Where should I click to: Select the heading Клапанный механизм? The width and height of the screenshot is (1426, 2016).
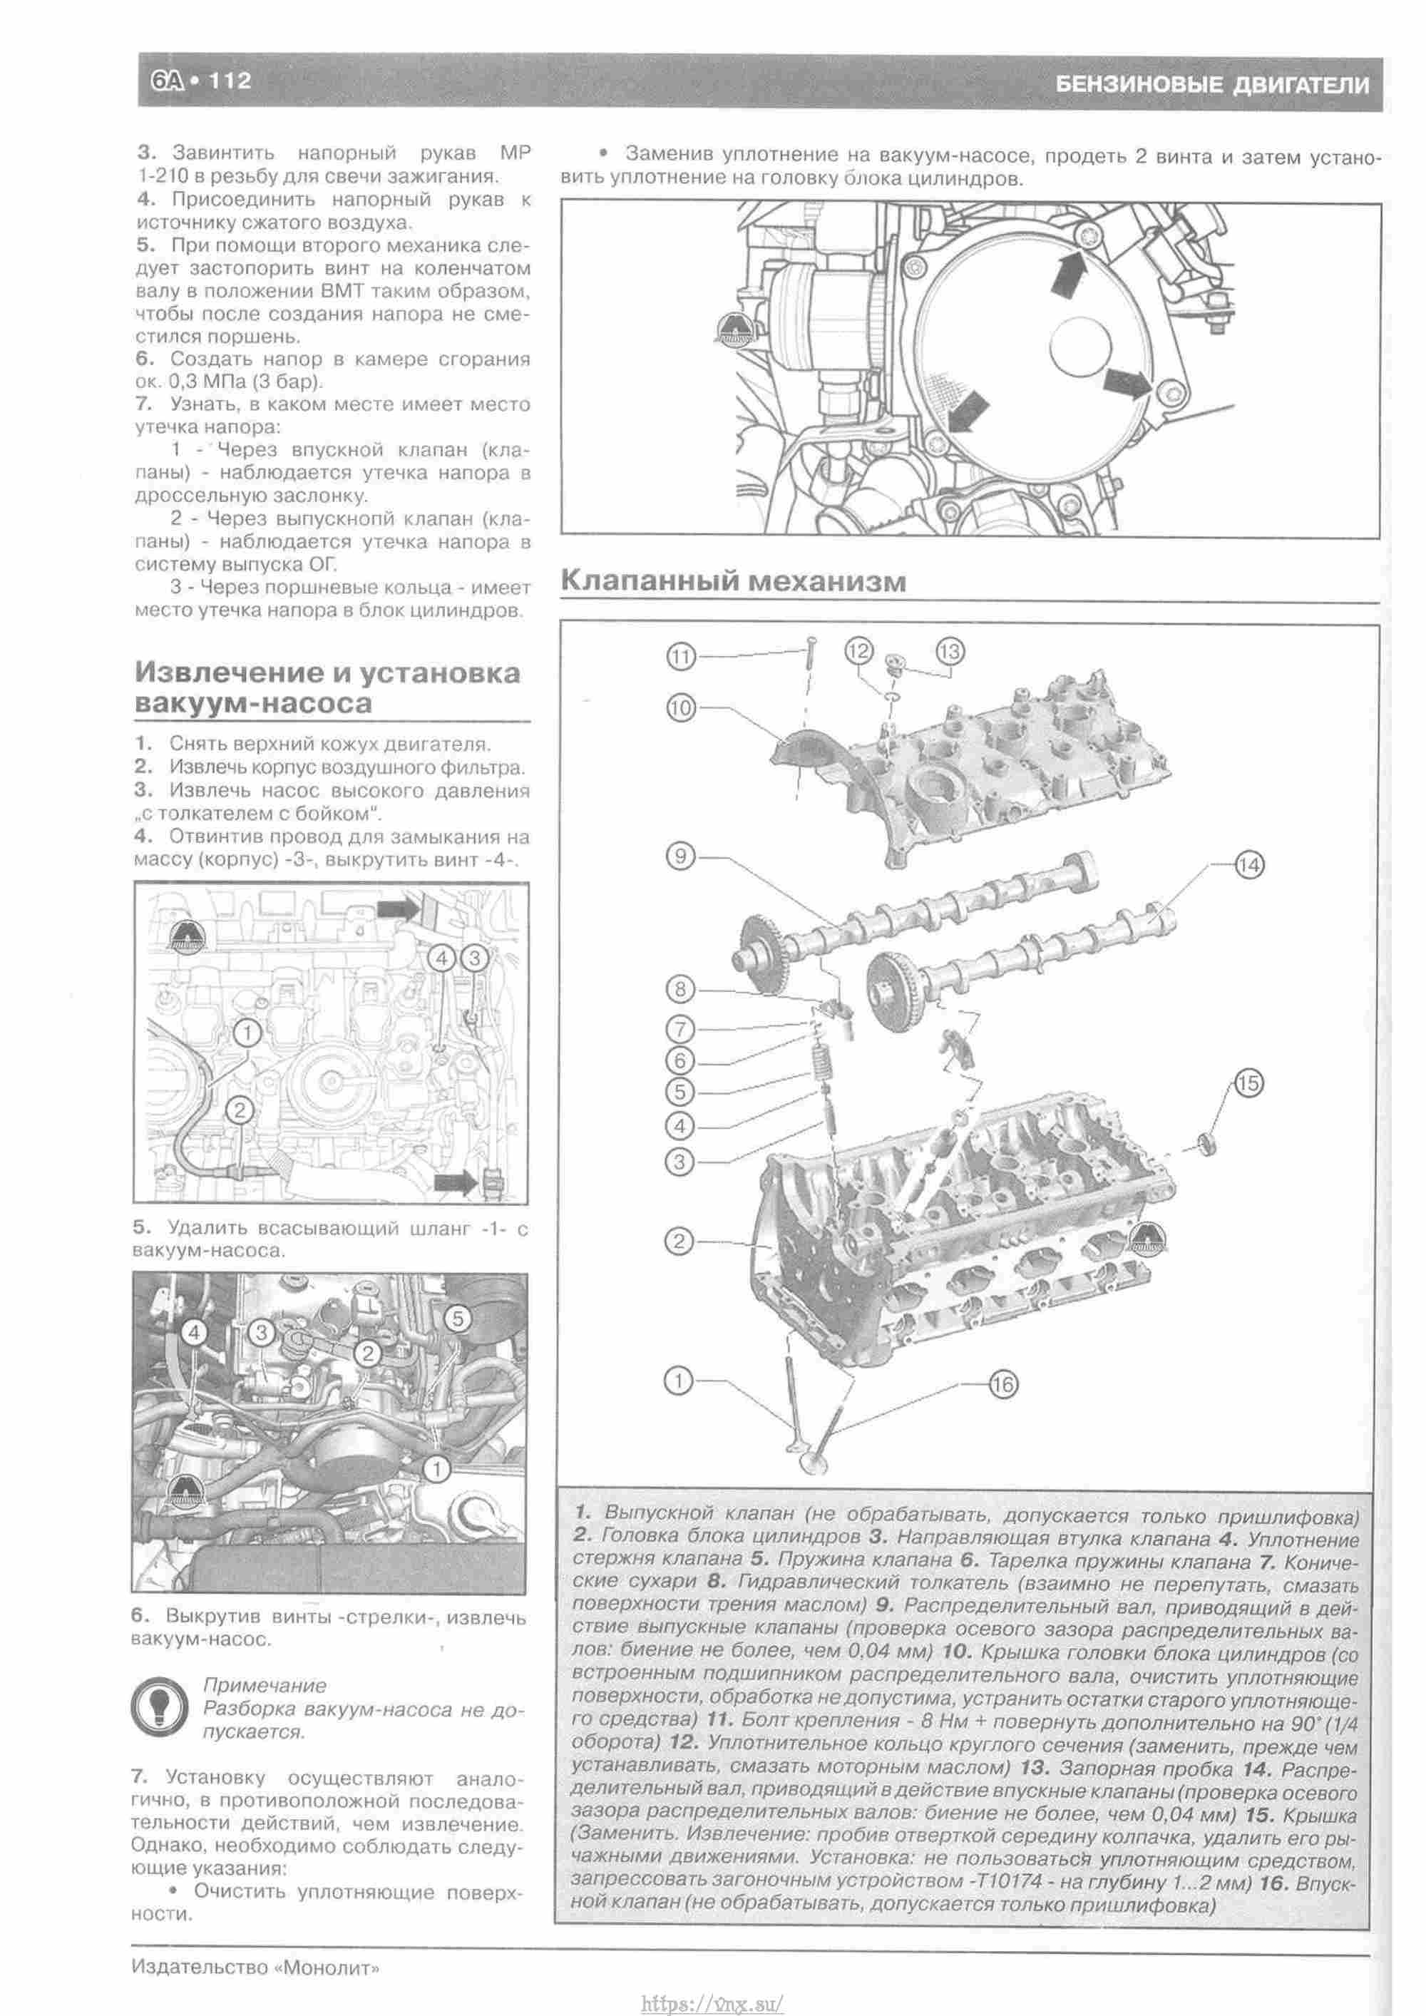click(733, 581)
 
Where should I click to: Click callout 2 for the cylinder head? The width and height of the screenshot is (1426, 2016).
click(679, 1242)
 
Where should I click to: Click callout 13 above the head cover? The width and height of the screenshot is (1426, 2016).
click(950, 652)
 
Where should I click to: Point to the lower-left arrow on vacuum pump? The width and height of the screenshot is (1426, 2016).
click(964, 411)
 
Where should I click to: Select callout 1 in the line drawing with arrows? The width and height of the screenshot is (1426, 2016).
click(249, 1033)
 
